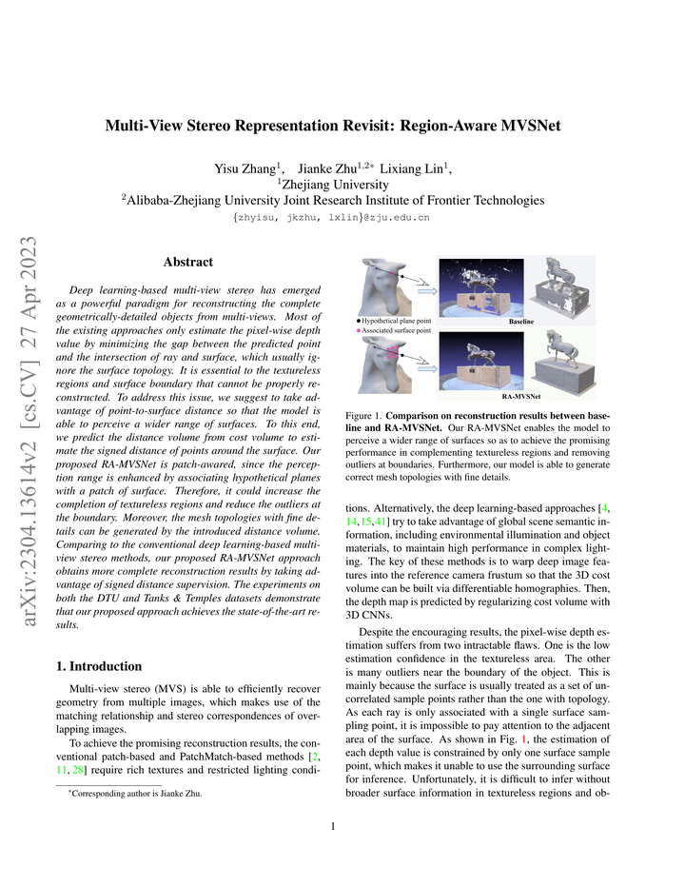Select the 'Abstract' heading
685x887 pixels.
187,262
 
